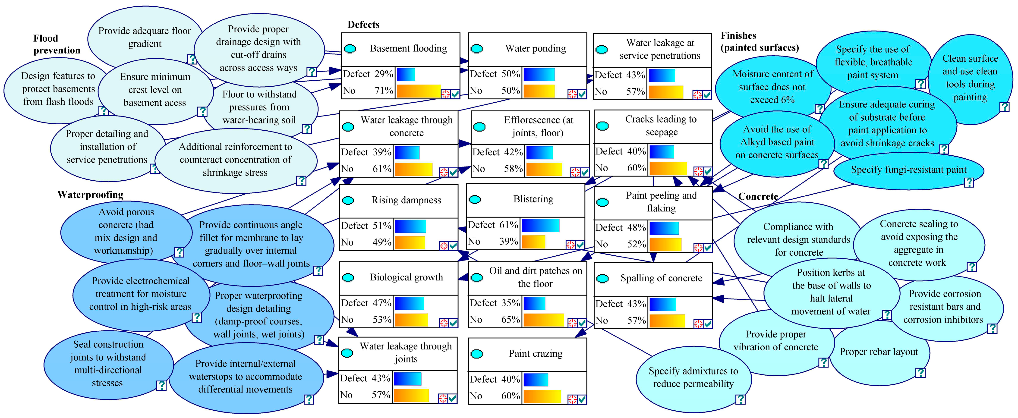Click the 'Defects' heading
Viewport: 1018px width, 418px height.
[363, 25]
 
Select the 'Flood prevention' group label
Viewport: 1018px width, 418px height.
[57, 44]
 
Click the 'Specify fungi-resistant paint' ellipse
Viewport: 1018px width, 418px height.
[908, 170]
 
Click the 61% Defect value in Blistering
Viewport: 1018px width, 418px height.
[509, 225]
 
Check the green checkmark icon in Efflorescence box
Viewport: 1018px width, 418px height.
[584, 172]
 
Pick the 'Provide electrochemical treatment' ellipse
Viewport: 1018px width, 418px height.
[140, 294]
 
